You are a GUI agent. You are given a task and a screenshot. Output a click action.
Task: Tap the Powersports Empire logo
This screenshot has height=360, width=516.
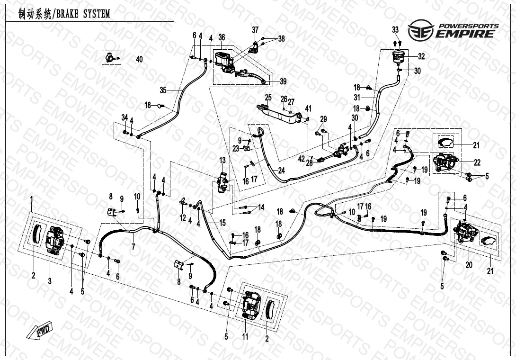click(x=454, y=30)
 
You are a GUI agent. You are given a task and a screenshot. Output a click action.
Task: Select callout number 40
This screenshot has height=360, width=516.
click(x=139, y=60)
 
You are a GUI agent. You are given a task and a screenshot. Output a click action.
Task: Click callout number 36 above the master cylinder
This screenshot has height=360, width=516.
click(x=221, y=37)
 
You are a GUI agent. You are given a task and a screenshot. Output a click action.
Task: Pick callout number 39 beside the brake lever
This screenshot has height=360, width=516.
click(x=283, y=81)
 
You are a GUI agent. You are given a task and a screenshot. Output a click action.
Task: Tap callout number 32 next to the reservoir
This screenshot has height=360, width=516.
click(x=421, y=56)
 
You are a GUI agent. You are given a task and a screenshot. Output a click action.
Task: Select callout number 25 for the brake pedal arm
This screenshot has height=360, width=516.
click(x=267, y=97)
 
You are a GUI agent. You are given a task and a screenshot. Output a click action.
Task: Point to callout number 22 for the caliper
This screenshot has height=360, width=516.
click(x=477, y=162)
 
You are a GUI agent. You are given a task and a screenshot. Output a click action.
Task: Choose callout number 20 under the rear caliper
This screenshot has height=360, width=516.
click(x=469, y=265)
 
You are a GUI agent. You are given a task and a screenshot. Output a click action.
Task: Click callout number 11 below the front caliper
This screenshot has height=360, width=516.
click(x=245, y=337)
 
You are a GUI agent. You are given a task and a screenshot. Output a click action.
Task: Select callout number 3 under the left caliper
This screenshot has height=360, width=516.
click(x=49, y=281)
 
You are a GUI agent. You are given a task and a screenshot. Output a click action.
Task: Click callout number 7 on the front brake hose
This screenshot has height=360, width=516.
click(x=133, y=247)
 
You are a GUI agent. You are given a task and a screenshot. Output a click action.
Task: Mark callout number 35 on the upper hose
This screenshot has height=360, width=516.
click(x=163, y=90)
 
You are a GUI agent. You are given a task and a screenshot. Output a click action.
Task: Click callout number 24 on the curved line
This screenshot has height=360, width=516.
click(x=281, y=171)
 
